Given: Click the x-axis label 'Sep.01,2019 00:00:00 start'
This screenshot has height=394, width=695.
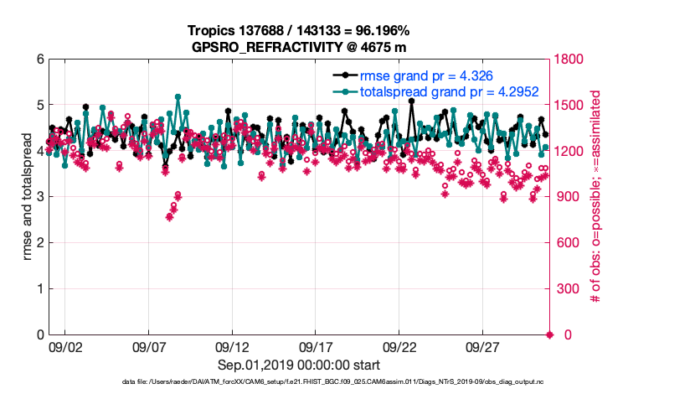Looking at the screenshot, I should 299,365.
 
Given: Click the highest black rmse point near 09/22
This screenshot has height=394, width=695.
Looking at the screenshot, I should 411,101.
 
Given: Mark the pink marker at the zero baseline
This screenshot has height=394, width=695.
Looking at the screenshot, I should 550,335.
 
